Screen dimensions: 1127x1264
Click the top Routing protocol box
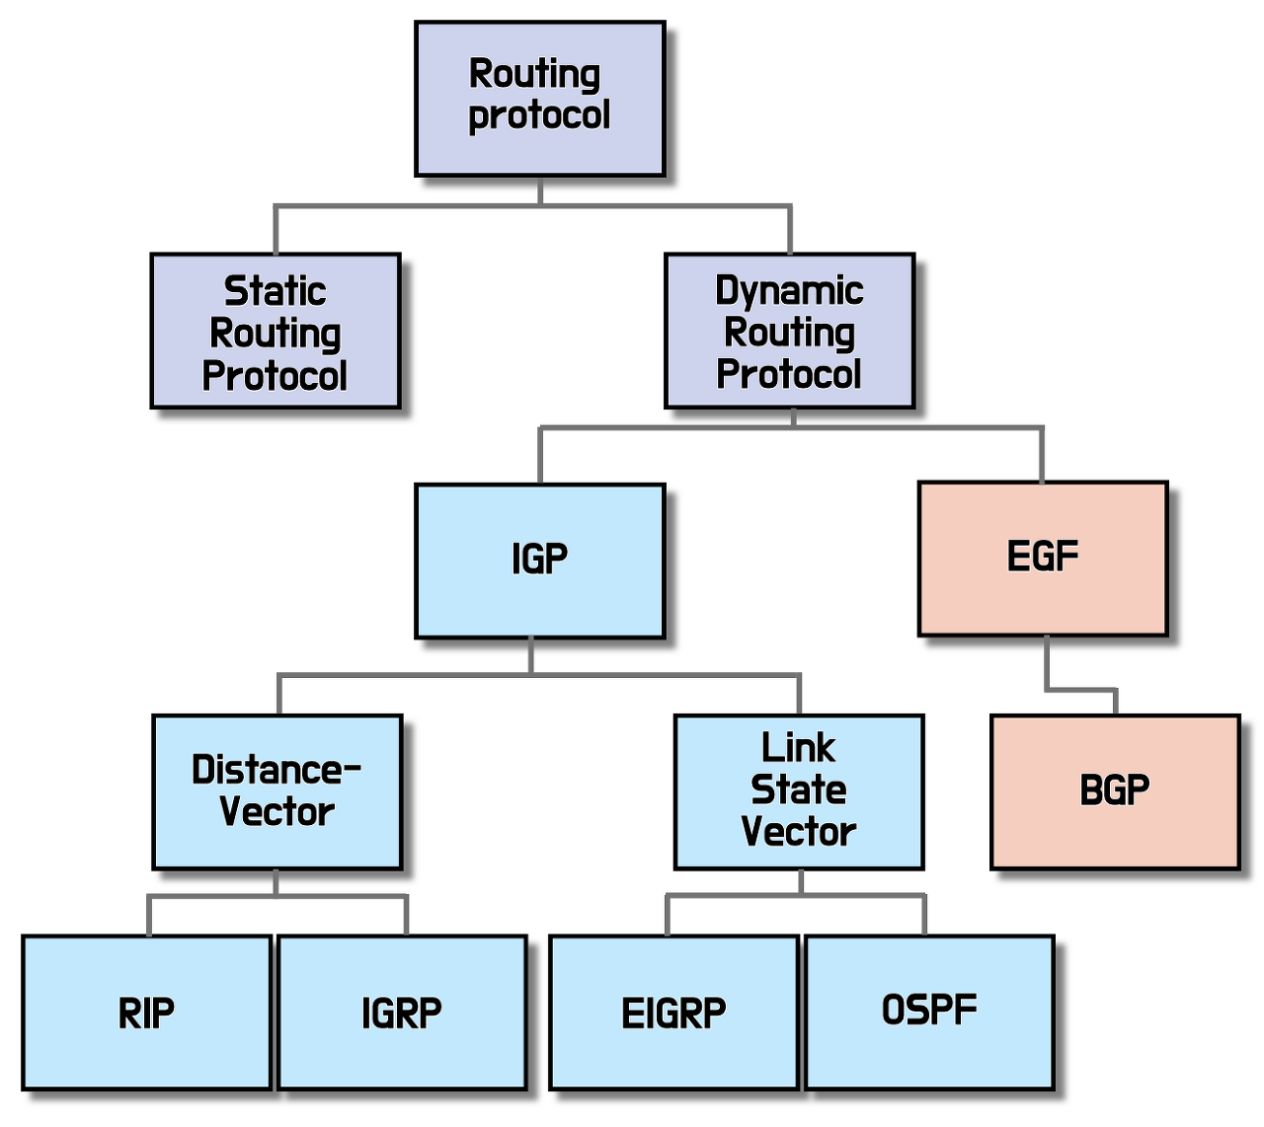(x=539, y=99)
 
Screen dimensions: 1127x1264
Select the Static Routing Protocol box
(x=276, y=331)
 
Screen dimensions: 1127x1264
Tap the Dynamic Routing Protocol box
(x=789, y=331)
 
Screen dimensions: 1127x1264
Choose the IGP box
(x=539, y=561)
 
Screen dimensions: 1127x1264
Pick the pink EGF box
(x=1043, y=559)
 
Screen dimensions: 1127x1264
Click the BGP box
(x=1115, y=791)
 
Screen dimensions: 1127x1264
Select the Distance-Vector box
(x=277, y=791)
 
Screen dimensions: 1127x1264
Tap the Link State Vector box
(x=799, y=791)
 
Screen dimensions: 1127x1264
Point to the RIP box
(x=146, y=1013)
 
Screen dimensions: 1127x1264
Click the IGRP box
(x=402, y=1013)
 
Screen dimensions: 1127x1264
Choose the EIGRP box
(x=673, y=1013)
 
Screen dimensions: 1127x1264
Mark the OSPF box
(x=929, y=1011)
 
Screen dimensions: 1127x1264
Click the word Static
(x=276, y=291)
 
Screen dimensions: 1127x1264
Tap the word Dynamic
(x=789, y=291)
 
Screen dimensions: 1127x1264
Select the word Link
(x=799, y=748)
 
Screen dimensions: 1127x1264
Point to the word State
(x=799, y=789)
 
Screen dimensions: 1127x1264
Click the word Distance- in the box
(x=276, y=770)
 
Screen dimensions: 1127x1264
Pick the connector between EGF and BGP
(x=1080, y=689)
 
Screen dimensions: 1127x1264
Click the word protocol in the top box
(x=539, y=115)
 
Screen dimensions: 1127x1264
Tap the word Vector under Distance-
(x=277, y=812)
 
